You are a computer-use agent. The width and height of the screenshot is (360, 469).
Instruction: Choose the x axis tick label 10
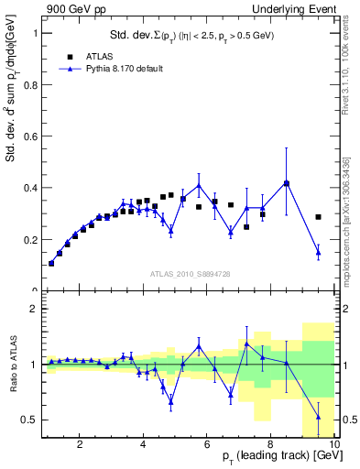coord(333,446)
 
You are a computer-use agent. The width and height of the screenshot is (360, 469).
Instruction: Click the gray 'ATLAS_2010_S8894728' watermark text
coord(190,274)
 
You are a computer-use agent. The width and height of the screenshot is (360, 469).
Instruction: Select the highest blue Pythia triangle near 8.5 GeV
coord(287,182)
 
